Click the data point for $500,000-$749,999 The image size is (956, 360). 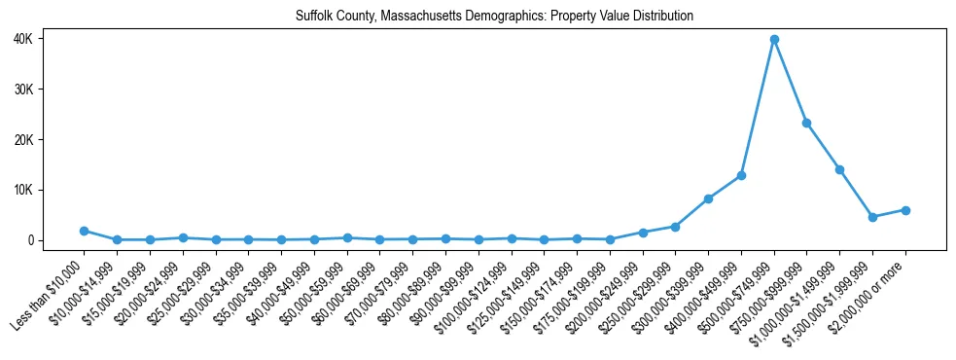[x=774, y=40]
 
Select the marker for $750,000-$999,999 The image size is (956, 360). [x=806, y=124]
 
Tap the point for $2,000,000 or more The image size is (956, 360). [x=905, y=210]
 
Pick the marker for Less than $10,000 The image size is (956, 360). [x=84, y=231]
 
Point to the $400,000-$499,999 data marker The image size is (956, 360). [x=741, y=175]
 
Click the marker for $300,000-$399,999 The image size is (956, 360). [x=708, y=198]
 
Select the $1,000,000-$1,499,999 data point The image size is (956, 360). [x=839, y=169]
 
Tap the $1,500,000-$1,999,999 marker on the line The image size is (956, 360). [x=872, y=217]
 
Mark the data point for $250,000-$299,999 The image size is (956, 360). [x=675, y=227]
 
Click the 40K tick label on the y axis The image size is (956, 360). [x=50, y=39]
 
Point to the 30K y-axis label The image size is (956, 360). [x=50, y=90]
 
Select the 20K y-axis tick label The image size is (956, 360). [x=50, y=140]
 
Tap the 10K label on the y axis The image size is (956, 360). [x=50, y=190]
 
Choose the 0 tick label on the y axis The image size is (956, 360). [x=57, y=240]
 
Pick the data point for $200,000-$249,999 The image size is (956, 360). [x=643, y=233]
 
